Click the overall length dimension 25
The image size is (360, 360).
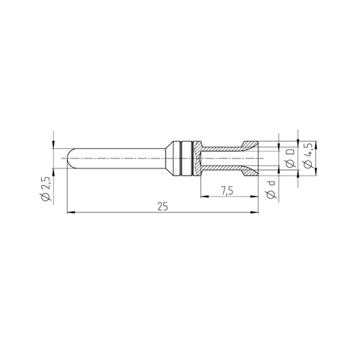click(x=163, y=207)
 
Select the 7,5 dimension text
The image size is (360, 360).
click(x=227, y=191)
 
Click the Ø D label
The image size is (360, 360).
click(x=290, y=158)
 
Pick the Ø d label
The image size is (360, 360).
click(x=271, y=190)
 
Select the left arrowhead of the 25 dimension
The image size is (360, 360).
click(x=71, y=212)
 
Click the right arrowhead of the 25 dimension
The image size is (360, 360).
click(x=254, y=212)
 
